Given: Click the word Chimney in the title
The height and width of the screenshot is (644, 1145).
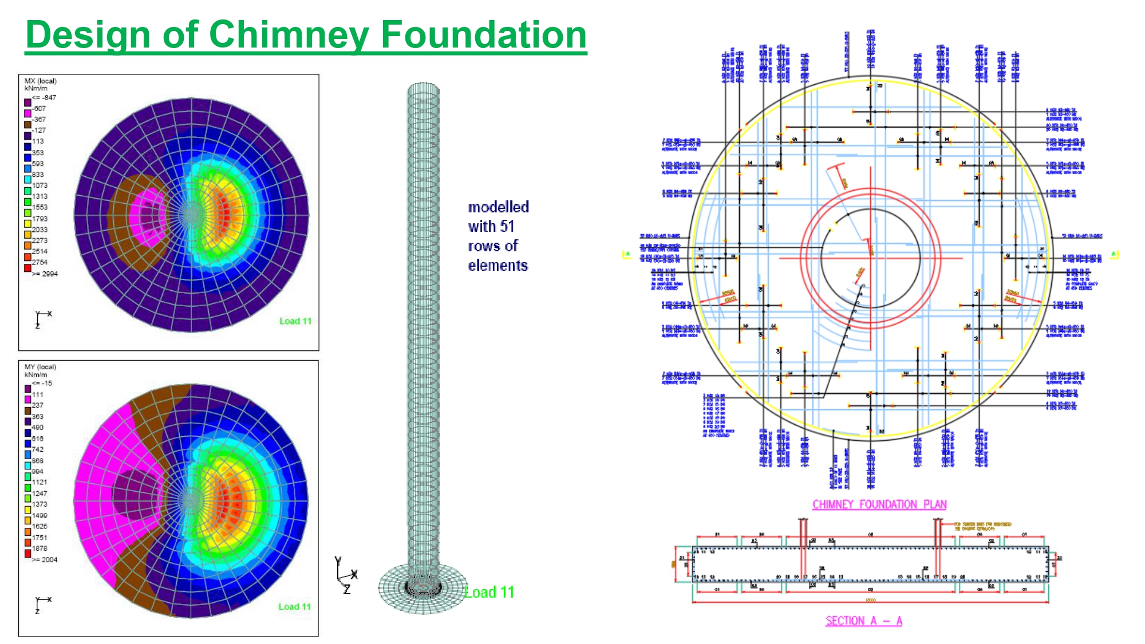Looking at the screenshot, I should point(289,35).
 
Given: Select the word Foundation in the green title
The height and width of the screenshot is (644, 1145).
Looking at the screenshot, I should point(484,35).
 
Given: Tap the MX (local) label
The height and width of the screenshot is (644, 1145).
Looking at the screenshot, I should point(41,81).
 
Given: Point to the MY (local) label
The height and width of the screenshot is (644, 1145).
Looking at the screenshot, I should point(41,367).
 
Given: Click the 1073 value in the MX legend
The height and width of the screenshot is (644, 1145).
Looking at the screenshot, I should point(40,185).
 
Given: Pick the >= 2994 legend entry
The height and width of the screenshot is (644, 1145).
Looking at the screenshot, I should point(45,274).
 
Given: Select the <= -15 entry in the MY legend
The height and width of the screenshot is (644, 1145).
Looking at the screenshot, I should point(42,384).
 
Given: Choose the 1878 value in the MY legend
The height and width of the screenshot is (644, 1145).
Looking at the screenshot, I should point(40,548).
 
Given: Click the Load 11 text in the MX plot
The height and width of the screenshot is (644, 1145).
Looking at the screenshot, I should point(295,321).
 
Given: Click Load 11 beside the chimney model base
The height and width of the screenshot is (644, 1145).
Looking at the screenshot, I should point(489,592).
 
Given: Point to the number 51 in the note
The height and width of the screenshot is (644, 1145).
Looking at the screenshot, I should point(507,227).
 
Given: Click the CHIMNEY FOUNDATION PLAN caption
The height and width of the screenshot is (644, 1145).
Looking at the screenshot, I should point(879,504).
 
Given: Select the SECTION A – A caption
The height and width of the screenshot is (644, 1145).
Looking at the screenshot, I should point(863,621).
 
